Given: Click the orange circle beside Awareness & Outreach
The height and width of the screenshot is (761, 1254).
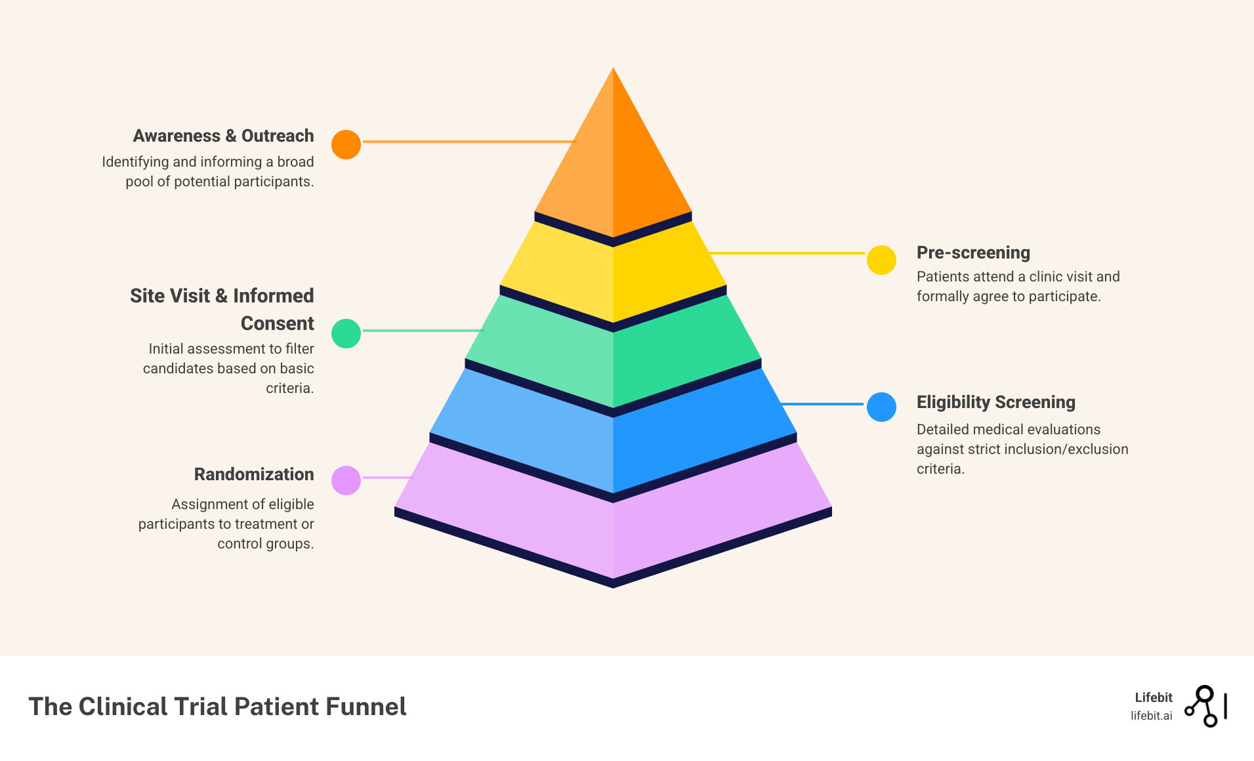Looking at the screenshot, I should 346,144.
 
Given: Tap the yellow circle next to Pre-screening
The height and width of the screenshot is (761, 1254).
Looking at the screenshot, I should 881,260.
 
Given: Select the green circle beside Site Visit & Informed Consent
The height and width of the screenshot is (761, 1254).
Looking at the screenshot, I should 346,333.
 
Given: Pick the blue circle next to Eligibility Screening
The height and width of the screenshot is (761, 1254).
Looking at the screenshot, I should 881,407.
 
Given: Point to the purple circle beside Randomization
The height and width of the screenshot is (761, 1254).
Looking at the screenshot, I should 346,480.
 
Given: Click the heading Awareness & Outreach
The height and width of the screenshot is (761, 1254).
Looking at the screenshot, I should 223,136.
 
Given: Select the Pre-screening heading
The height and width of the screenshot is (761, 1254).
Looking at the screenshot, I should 973,253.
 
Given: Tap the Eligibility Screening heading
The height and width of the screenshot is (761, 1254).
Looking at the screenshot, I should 995,402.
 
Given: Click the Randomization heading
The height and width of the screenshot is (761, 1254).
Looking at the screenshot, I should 253,474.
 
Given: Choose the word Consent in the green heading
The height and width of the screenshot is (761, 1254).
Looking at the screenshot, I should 277,323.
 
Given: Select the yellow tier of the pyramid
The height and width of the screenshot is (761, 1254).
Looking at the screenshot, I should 613,276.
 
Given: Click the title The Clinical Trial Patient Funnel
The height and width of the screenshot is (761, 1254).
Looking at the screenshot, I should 217,707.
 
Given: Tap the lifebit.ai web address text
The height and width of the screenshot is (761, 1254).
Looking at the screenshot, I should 1151,716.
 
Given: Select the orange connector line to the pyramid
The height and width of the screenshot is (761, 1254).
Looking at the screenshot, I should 469,141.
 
